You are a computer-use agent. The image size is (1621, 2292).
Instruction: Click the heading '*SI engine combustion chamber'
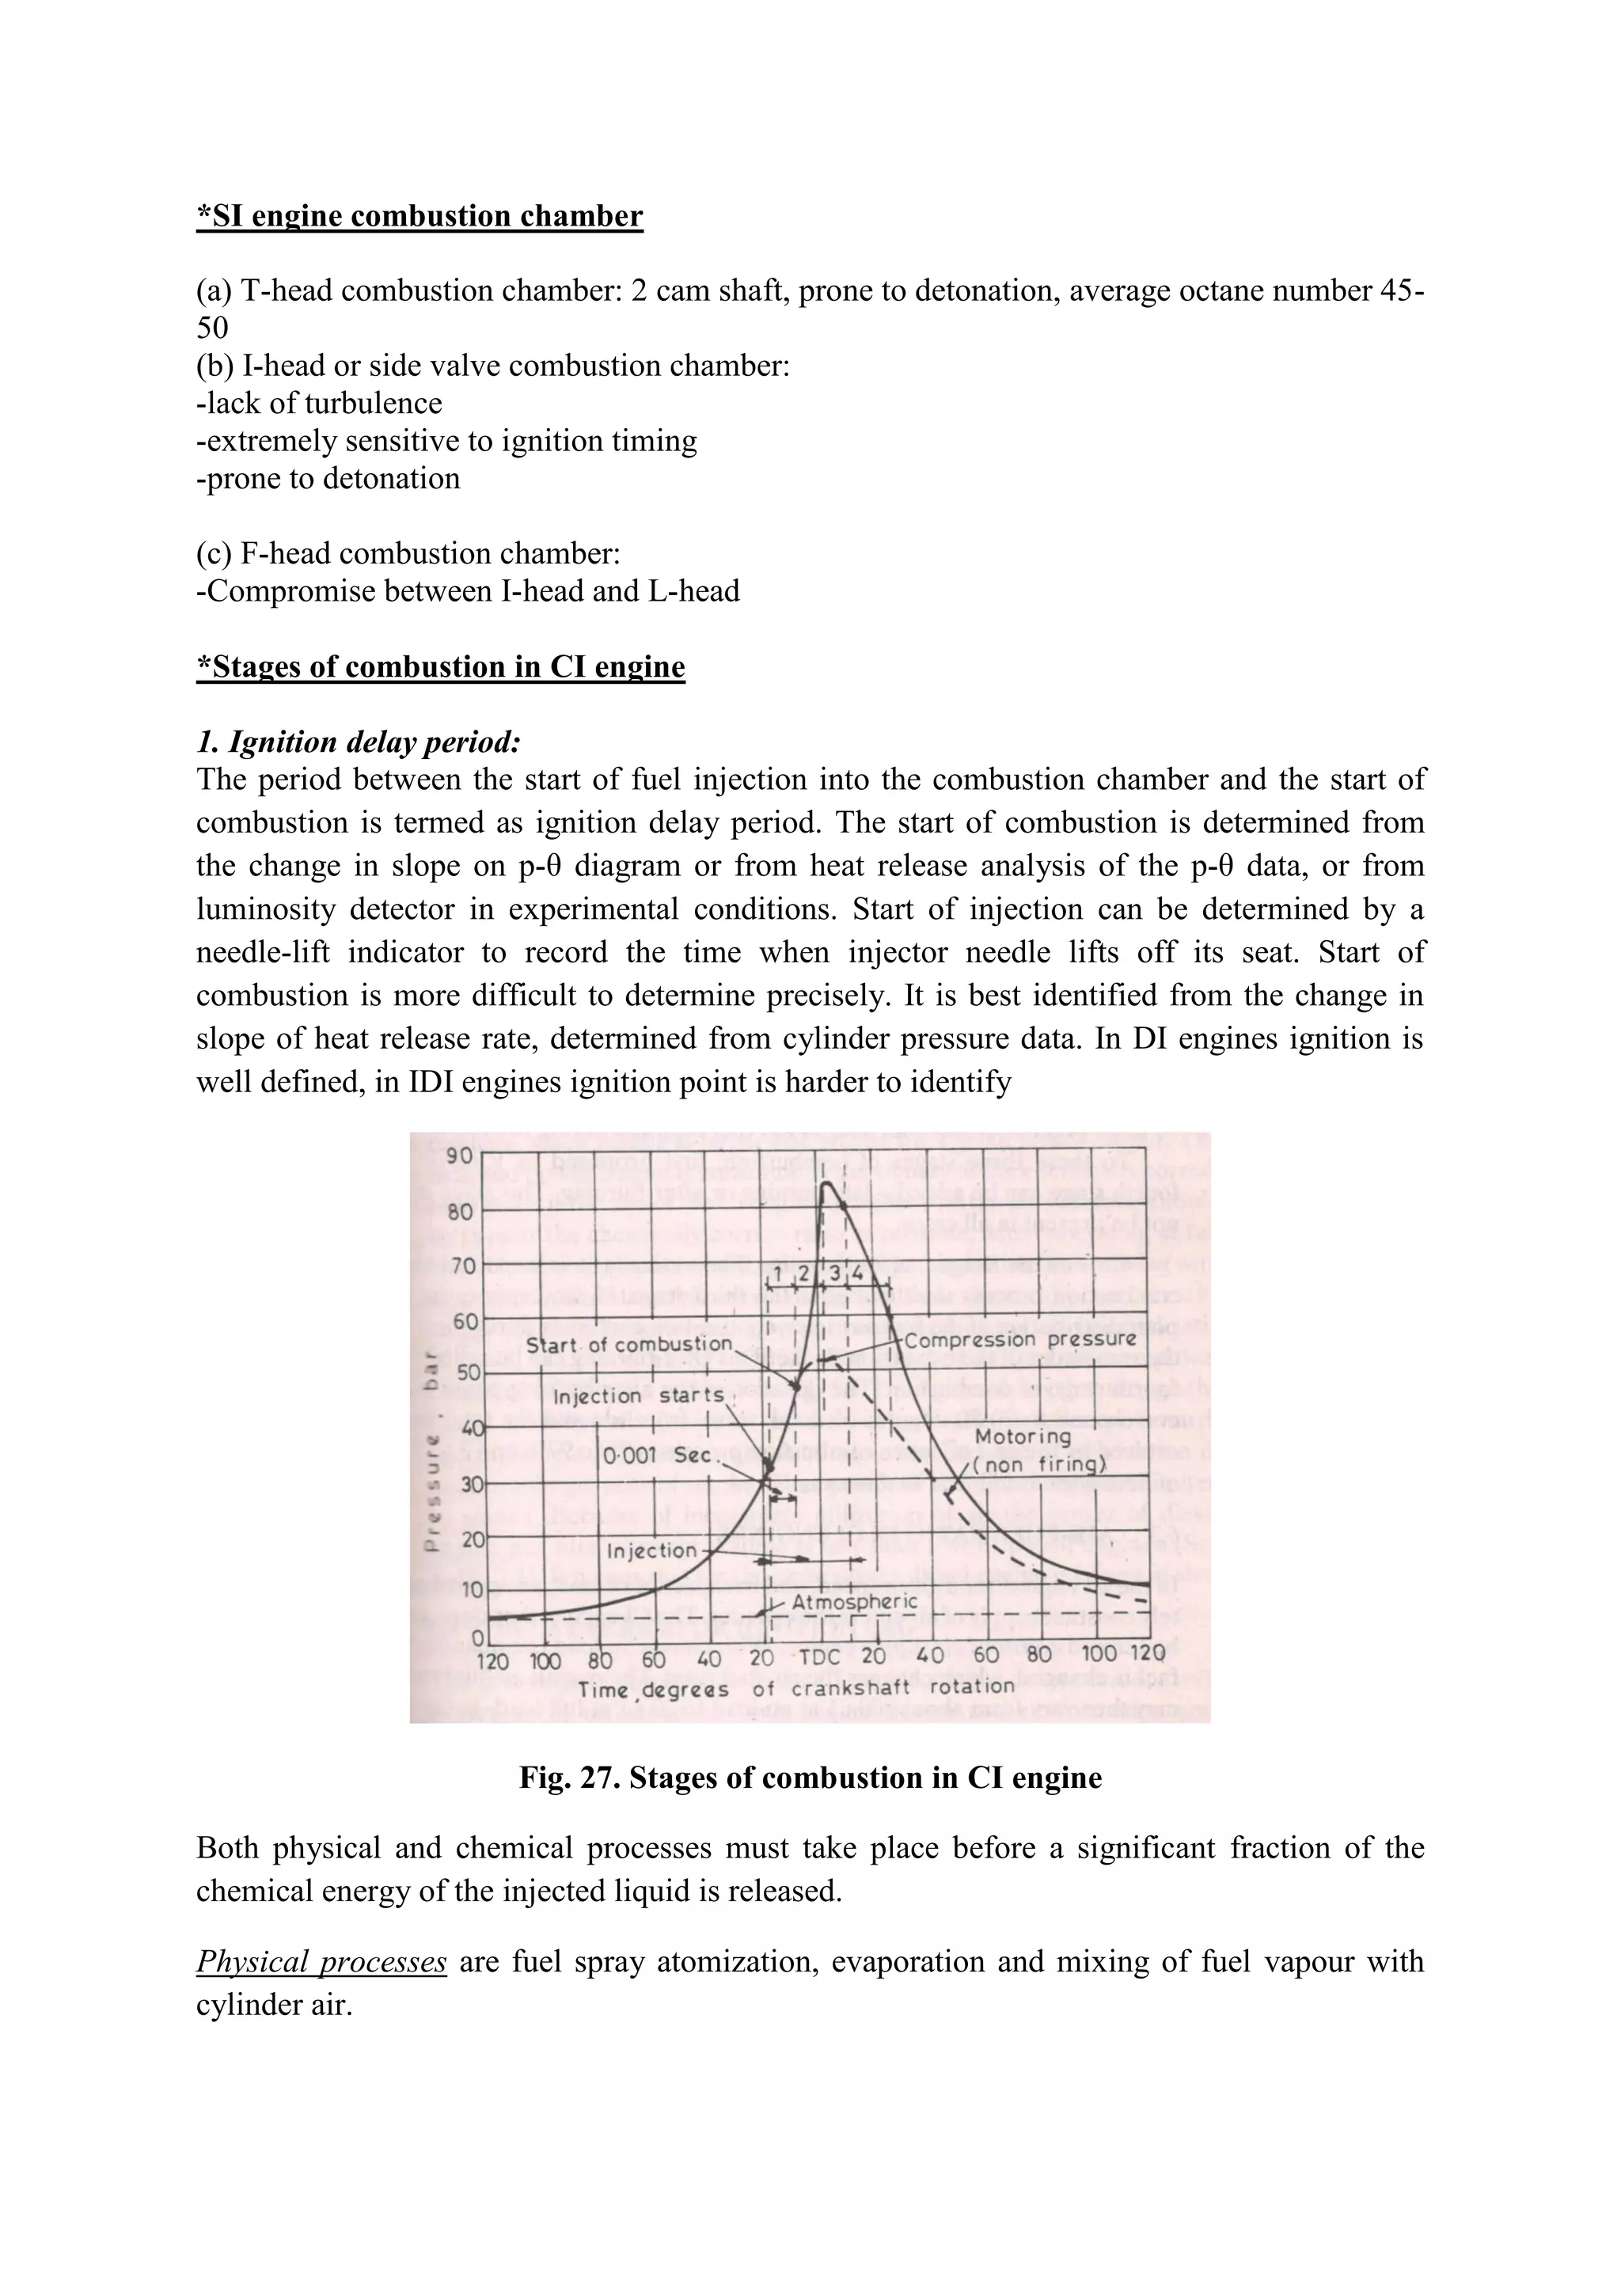tap(419, 217)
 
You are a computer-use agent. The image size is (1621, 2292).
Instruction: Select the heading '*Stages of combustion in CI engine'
tap(440, 667)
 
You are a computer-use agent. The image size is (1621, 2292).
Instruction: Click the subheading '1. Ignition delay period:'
tap(359, 742)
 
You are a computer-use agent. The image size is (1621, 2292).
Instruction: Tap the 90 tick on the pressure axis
tap(460, 1157)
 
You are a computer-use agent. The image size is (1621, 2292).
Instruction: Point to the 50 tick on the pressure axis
tap(467, 1372)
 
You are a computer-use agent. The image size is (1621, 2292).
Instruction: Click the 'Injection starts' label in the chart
tap(638, 1395)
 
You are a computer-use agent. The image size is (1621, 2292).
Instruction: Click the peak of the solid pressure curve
tap(826, 1184)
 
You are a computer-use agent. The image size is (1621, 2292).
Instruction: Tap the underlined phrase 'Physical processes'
tap(321, 1962)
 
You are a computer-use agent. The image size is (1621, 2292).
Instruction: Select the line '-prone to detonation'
tap(328, 479)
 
